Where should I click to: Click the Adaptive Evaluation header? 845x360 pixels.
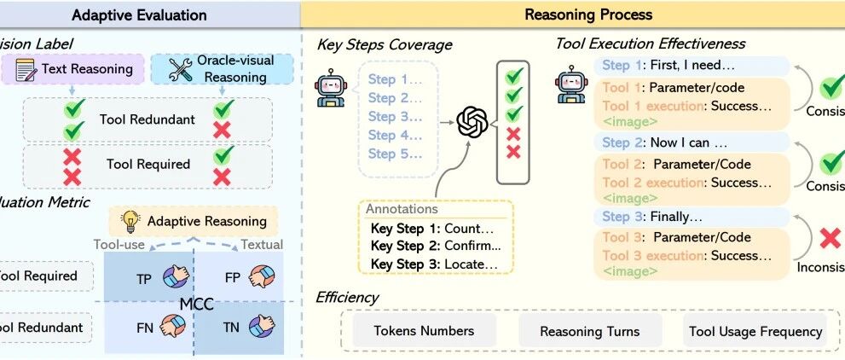[x=139, y=15]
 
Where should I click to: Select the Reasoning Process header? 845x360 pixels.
[x=588, y=15]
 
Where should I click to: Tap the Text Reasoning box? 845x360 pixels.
[x=74, y=69]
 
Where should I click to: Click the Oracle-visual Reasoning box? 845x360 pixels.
[x=221, y=69]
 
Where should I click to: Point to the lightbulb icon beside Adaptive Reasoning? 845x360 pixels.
[x=130, y=221]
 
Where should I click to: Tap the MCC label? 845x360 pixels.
[x=196, y=302]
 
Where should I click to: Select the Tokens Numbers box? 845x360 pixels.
[x=424, y=331]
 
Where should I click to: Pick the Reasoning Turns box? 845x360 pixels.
[x=589, y=331]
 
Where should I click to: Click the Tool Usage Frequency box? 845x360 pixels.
[x=755, y=331]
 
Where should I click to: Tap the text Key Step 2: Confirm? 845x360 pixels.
[x=436, y=247]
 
